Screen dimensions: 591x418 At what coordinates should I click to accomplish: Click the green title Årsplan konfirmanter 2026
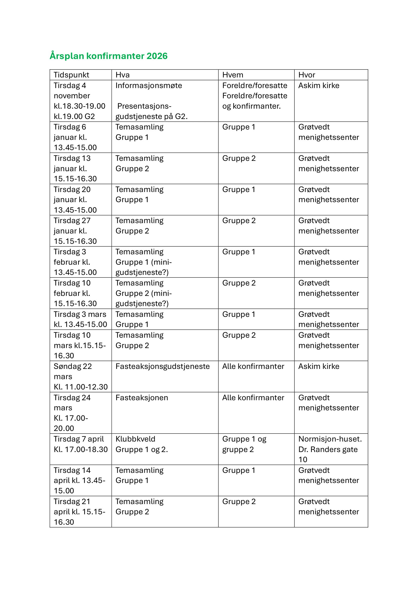[x=108, y=56]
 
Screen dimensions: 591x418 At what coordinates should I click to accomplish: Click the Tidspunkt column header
[x=71, y=75]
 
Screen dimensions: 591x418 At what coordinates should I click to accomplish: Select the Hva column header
[x=123, y=75]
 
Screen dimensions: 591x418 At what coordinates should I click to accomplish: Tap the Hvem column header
[x=233, y=75]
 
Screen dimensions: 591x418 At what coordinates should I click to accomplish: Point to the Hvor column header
[x=307, y=75]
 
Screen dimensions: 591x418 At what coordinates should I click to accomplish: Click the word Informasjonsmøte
[x=149, y=85]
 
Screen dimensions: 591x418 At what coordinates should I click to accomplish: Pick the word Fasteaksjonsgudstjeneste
[x=162, y=366]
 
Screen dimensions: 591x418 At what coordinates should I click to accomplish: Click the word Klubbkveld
[x=135, y=439]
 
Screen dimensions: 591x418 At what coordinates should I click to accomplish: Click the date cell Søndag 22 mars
[x=80, y=376]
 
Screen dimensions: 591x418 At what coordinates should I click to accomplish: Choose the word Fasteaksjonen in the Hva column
[x=142, y=398]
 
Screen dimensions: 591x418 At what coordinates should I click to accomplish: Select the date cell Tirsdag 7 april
[x=80, y=444]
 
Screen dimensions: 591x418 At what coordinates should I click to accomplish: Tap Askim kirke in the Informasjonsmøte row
[x=319, y=85]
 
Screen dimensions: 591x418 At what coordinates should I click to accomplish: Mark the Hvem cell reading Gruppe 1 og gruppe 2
[x=244, y=444]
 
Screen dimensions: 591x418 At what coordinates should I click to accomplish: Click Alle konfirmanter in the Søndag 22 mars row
[x=253, y=366]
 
